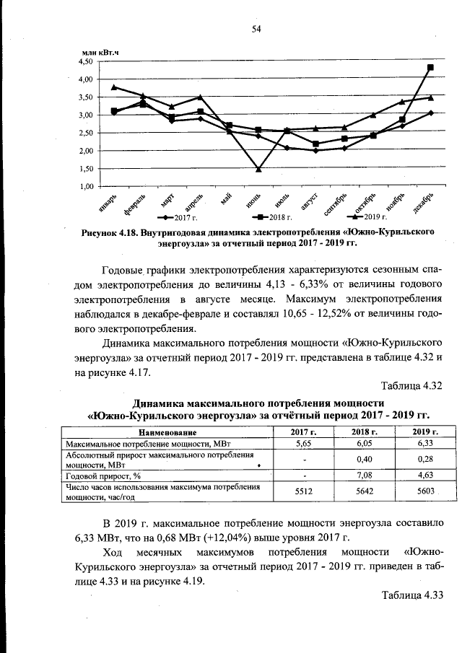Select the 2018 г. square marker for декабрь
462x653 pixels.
click(430, 67)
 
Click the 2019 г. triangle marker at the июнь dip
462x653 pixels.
click(258, 170)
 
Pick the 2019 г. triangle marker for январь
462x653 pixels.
click(114, 87)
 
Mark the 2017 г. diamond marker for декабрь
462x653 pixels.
click(430, 113)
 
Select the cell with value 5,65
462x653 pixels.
click(303, 444)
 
